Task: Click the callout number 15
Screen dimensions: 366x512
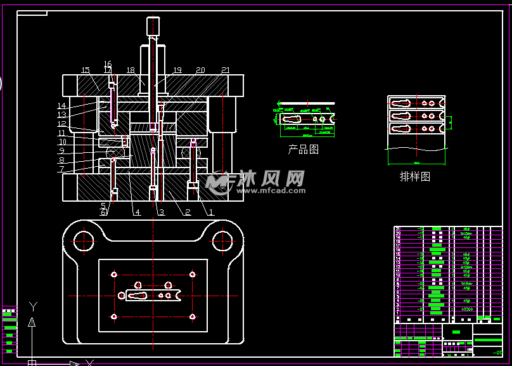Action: pyautogui.click(x=86, y=70)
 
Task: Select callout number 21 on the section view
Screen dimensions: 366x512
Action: pyautogui.click(x=226, y=70)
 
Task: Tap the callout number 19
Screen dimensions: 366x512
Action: pyautogui.click(x=177, y=70)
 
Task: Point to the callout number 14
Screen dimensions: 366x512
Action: pyautogui.click(x=61, y=106)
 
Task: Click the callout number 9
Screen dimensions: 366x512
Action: pyautogui.click(x=61, y=151)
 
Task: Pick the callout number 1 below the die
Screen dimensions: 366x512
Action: pyautogui.click(x=211, y=212)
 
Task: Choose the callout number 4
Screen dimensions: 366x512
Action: pyautogui.click(x=137, y=212)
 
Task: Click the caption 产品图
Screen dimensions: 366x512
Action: pyautogui.click(x=303, y=150)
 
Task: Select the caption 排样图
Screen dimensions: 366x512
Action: pyautogui.click(x=414, y=177)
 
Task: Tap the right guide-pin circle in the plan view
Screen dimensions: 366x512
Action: pyautogui.click(x=222, y=240)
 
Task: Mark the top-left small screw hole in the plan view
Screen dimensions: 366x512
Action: pyautogui.click(x=114, y=275)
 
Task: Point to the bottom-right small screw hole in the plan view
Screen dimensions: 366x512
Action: pyautogui.click(x=191, y=316)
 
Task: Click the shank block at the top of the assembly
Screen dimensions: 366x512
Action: pyautogui.click(x=154, y=25)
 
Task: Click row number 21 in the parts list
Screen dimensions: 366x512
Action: pyautogui.click(x=398, y=228)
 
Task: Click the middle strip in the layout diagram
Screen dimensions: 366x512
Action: pyautogui.click(x=416, y=116)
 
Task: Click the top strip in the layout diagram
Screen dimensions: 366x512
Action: pyautogui.click(x=416, y=103)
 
